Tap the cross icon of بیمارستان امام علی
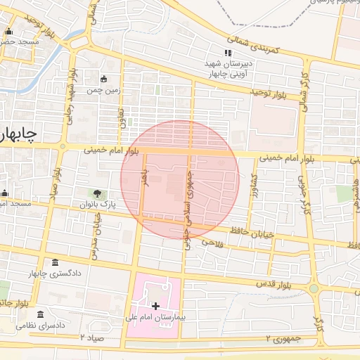click(x=155, y=306)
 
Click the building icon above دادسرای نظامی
click(x=40, y=314)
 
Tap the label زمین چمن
click(x=105, y=90)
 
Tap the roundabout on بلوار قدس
click(x=314, y=288)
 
